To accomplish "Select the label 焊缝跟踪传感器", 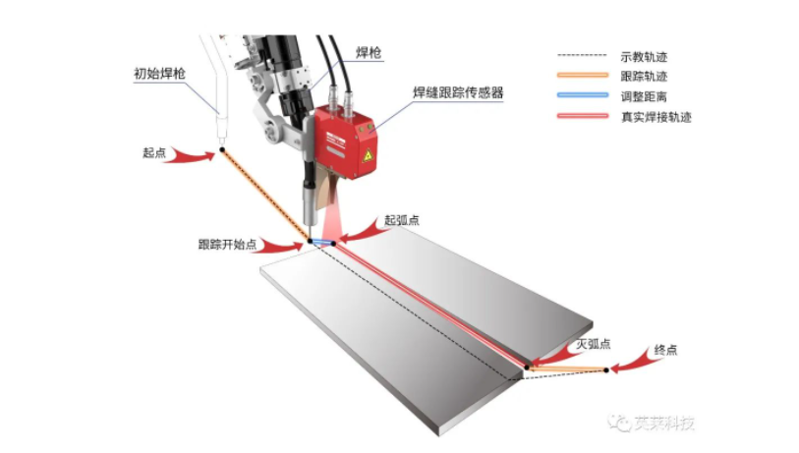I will (x=458, y=92).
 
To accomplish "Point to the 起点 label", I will (x=154, y=152).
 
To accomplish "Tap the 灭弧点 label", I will (x=593, y=344).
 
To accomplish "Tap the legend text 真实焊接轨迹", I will (x=657, y=116).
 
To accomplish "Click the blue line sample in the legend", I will (x=584, y=96).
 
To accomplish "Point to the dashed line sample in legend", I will (x=584, y=57).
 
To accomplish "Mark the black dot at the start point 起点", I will (x=221, y=149).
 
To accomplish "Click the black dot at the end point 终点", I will (x=606, y=369).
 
